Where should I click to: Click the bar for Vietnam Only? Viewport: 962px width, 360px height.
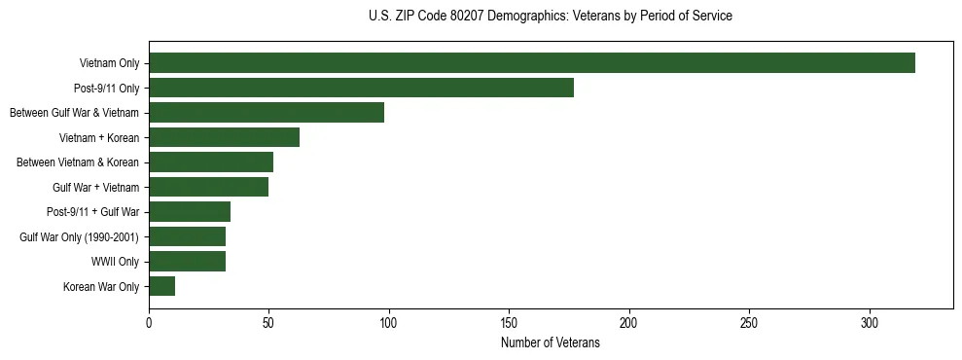coord(531,63)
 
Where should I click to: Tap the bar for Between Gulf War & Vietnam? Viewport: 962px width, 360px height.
coord(267,113)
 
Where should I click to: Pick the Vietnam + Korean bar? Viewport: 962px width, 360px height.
coord(224,137)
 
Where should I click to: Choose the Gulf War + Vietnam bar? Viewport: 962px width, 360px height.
coord(208,187)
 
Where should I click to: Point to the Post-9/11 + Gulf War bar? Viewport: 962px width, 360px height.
coord(190,212)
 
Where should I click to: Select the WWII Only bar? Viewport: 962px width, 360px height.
coord(187,262)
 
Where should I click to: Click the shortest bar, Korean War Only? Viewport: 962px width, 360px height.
coord(161,286)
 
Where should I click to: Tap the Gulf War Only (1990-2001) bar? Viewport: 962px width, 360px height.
coord(187,236)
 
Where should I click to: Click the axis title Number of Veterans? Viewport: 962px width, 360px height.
coord(550,343)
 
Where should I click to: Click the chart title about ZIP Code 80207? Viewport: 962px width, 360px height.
coord(551,17)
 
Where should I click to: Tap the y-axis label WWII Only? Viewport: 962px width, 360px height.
coord(115,262)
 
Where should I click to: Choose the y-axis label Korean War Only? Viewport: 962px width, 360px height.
coord(101,287)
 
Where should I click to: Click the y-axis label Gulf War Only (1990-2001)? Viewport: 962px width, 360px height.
coord(80,237)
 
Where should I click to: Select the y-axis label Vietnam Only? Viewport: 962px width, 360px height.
coord(109,64)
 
